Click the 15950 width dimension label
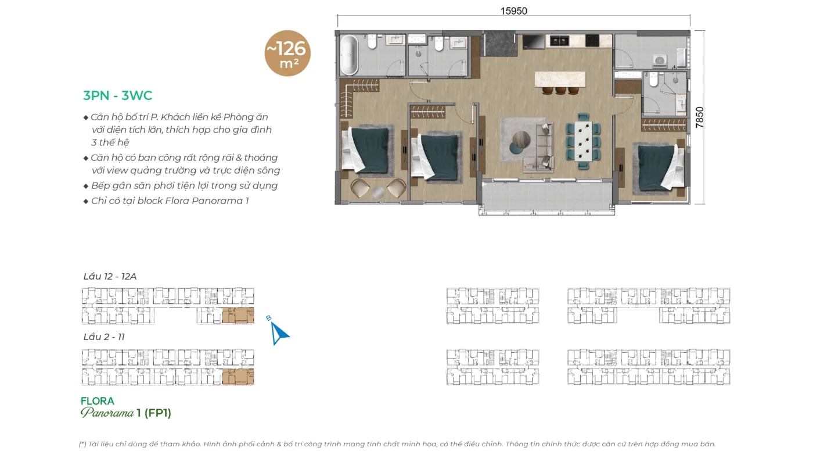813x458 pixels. pyautogui.click(x=513, y=11)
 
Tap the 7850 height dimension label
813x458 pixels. pyautogui.click(x=699, y=117)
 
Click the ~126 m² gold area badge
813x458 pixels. pyautogui.click(x=287, y=53)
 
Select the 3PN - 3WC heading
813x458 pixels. pyautogui.click(x=117, y=95)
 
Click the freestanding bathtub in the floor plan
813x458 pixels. pyautogui.click(x=349, y=55)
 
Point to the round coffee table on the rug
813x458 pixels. pyautogui.click(x=521, y=139)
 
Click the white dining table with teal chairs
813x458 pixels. pyautogui.click(x=583, y=141)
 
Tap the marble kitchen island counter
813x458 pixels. pyautogui.click(x=560, y=79)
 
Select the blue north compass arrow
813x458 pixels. pyautogui.click(x=279, y=332)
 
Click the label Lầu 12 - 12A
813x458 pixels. pyautogui.click(x=110, y=277)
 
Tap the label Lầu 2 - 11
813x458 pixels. pyautogui.click(x=104, y=337)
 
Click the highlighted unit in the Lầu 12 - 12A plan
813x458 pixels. pyautogui.click(x=238, y=315)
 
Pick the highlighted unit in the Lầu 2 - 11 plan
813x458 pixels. pyautogui.click(x=238, y=377)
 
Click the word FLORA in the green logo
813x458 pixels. pyautogui.click(x=98, y=401)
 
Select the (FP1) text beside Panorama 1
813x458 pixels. pyautogui.click(x=157, y=413)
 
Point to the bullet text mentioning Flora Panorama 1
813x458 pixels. pyautogui.click(x=170, y=201)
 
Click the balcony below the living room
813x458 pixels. pyautogui.click(x=546, y=198)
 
